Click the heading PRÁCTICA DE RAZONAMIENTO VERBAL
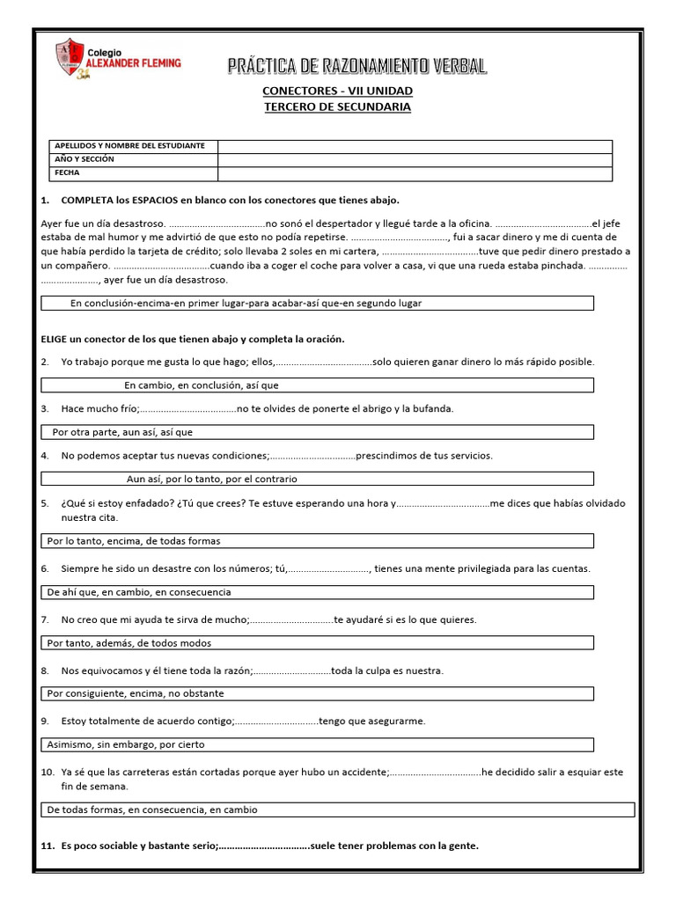(356, 66)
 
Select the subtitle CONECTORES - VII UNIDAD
(337, 91)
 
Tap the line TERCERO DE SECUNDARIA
(337, 106)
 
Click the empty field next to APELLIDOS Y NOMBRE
(415, 145)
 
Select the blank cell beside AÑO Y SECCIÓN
(415, 159)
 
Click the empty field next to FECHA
(415, 173)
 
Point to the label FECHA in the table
(67, 173)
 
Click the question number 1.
(44, 201)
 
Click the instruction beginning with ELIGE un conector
(193, 339)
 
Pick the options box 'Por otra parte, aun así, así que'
(318, 432)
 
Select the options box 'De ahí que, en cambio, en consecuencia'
(318, 592)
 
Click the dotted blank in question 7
(291, 619)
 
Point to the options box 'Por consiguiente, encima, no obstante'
(318, 693)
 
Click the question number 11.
(48, 846)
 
